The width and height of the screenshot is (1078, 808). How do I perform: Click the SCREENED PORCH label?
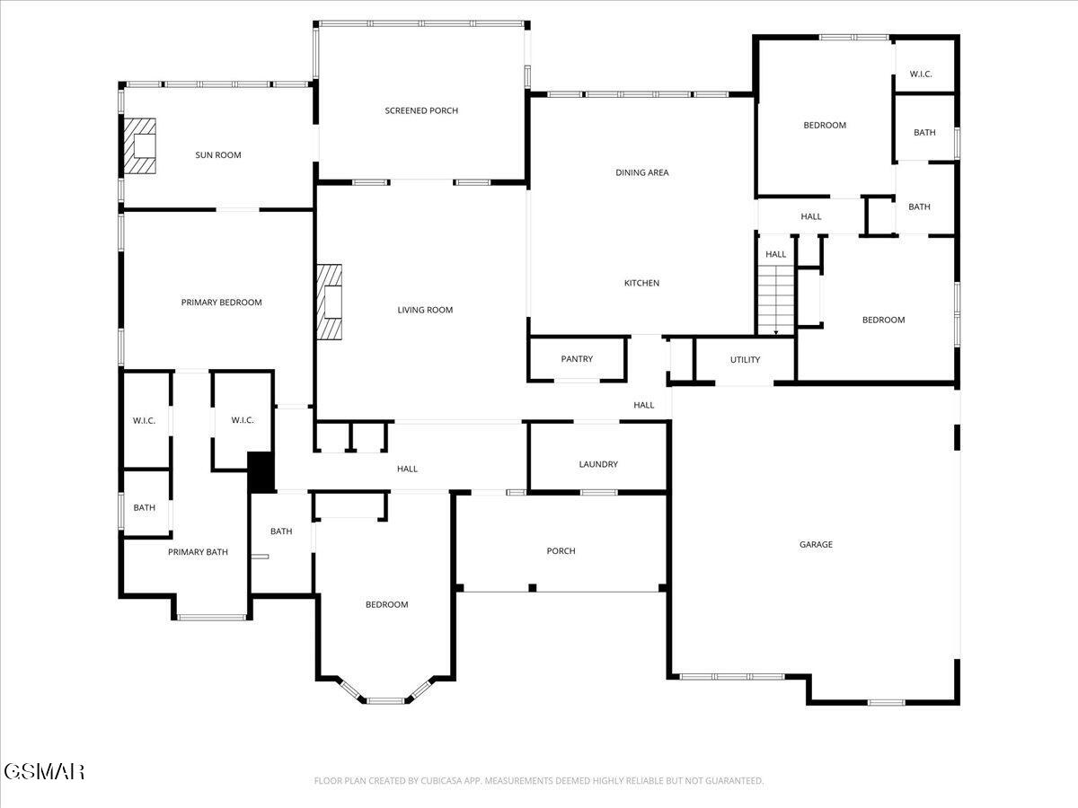click(x=421, y=110)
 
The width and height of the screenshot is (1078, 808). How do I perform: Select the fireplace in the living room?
click(x=331, y=303)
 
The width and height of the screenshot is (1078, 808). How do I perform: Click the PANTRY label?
click(x=577, y=359)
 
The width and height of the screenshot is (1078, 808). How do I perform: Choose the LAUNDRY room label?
click(x=598, y=464)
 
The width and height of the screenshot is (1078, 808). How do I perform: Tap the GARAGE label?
click(x=816, y=544)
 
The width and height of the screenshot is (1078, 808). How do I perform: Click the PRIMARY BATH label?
click(x=198, y=552)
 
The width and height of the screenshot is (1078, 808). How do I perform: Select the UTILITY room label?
click(x=745, y=360)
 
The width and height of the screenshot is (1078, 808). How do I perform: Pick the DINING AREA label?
click(x=641, y=172)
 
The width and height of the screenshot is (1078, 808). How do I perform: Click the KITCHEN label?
click(x=641, y=283)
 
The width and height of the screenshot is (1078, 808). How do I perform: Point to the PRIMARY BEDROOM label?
click(x=221, y=303)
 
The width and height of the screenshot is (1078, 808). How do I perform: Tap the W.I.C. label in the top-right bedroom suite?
click(x=921, y=74)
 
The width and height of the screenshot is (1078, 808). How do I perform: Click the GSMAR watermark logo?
click(x=44, y=771)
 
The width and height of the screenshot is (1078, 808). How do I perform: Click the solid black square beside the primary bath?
click(x=261, y=471)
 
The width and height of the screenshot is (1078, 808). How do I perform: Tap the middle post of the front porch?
click(x=532, y=588)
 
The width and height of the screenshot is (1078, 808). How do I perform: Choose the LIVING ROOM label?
click(x=425, y=310)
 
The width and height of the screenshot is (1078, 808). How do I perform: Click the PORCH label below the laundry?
click(x=561, y=551)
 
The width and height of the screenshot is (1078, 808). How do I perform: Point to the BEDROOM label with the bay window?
click(x=386, y=605)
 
